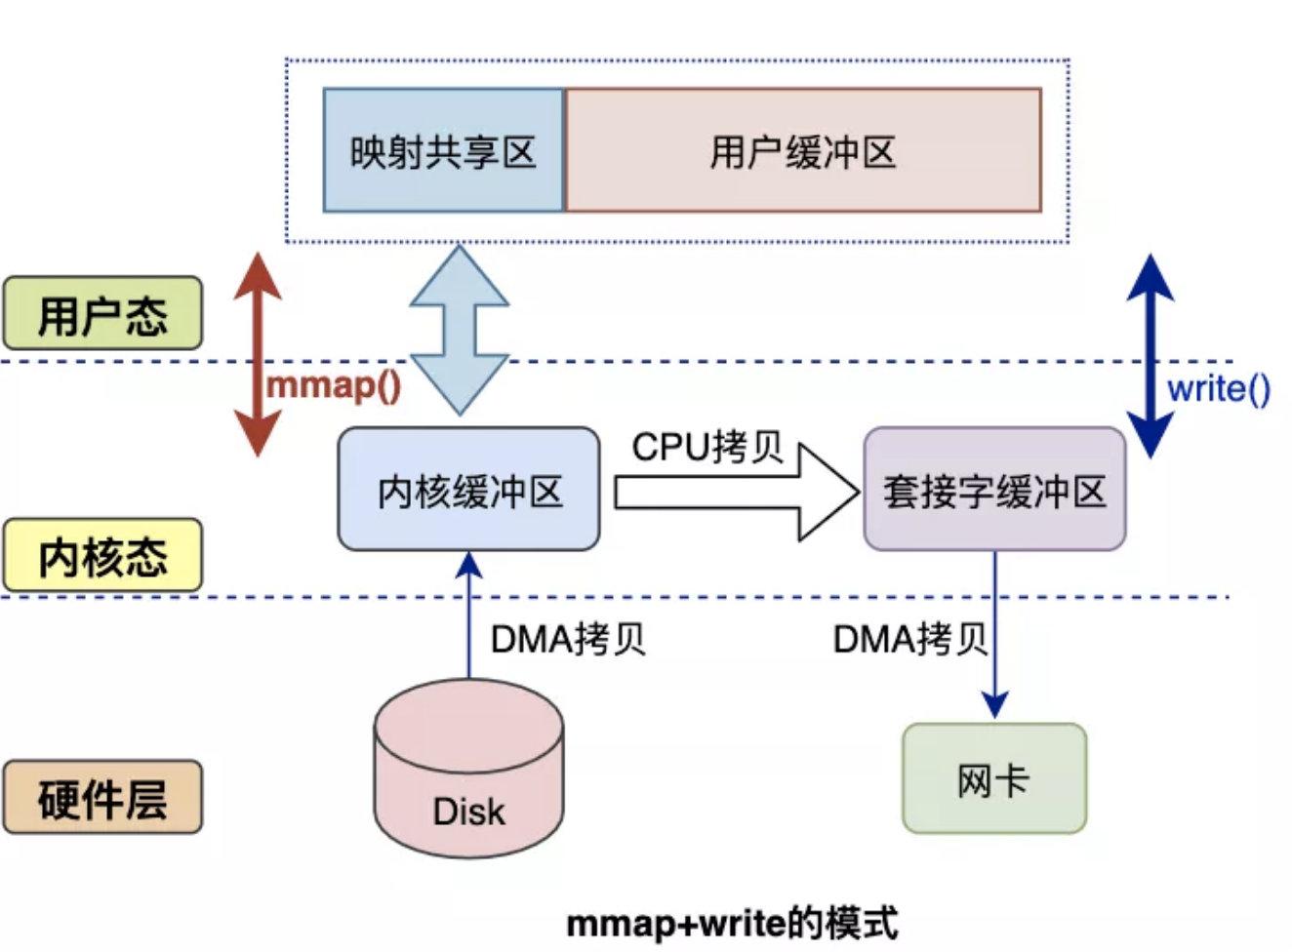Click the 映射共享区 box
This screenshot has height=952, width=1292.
pos(443,150)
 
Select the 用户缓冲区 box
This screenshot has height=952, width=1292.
pos(803,150)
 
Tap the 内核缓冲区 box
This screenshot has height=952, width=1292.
pos(468,489)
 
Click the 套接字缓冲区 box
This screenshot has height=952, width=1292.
pos(994,489)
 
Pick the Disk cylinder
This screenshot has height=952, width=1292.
pos(468,768)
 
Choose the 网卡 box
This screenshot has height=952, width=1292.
pos(994,778)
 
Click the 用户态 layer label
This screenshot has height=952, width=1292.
pos(102,313)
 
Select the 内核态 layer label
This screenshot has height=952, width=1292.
pos(102,555)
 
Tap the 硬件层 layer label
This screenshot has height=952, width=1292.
pos(102,797)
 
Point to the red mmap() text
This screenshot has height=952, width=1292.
pos(334,386)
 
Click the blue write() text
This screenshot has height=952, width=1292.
pos(1219,390)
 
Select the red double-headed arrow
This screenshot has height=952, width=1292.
pos(258,355)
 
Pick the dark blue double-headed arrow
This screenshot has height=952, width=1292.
pos(1151,356)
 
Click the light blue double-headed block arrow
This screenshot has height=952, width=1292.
pos(459,330)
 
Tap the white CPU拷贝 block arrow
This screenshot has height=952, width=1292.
pos(737,492)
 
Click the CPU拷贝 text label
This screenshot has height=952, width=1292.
pos(707,448)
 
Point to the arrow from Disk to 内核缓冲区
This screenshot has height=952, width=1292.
pos(469,615)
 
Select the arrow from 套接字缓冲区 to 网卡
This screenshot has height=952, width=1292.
pos(994,635)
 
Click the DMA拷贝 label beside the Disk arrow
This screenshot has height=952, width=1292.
pos(568,640)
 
